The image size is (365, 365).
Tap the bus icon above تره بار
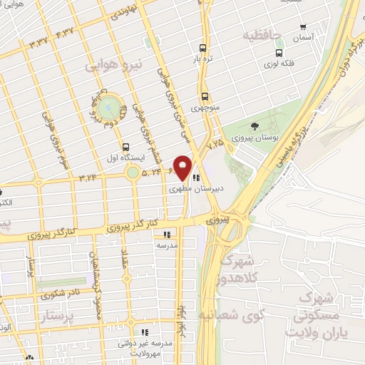pyautogui.click(x=203, y=48)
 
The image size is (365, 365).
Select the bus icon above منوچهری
pyautogui.click(x=205, y=96)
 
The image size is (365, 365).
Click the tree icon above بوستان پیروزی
pyautogui.click(x=255, y=125)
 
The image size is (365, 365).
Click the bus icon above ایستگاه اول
pyautogui.click(x=126, y=146)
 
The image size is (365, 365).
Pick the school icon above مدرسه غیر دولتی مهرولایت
pyautogui.click(x=145, y=331)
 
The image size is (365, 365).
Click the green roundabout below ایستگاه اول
pyautogui.click(x=133, y=173)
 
